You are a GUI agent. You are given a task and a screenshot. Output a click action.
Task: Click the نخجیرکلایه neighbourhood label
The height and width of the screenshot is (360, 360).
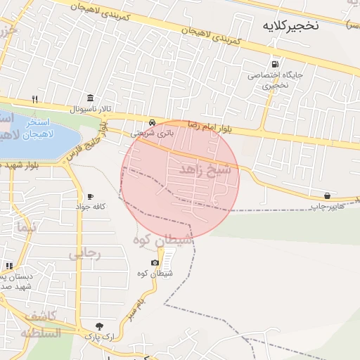point(290,27)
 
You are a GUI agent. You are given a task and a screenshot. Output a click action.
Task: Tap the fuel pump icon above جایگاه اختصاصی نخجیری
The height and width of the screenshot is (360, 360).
point(274,63)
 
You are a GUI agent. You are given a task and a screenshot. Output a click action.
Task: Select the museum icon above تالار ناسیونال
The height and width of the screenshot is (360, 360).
point(89,98)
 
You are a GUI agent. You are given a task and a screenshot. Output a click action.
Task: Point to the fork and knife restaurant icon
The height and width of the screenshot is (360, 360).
point(34,98)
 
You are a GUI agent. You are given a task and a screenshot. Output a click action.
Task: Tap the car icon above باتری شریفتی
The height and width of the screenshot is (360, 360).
point(153,121)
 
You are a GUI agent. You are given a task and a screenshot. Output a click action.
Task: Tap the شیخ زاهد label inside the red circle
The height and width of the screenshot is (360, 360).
point(205,170)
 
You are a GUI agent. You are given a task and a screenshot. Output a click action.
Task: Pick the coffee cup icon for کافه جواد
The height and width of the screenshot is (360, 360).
point(89,196)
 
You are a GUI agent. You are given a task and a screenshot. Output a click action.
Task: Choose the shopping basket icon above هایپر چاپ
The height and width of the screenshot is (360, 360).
point(328,195)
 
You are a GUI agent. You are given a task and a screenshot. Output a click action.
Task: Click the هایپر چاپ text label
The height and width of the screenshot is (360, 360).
point(328,207)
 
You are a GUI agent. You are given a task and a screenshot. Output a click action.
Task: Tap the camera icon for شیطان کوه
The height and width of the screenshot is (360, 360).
point(155,263)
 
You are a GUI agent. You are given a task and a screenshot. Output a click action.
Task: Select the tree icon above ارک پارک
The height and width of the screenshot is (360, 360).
point(99,326)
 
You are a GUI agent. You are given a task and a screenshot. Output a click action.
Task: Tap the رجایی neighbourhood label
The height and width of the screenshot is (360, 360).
point(85,254)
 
